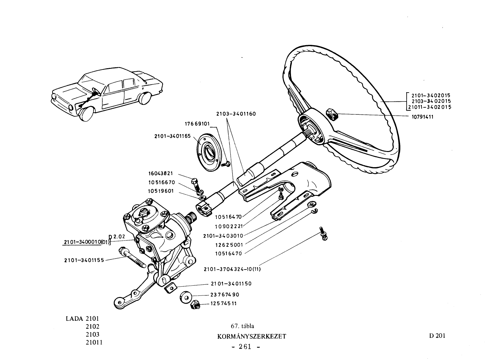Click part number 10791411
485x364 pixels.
(x=422, y=117)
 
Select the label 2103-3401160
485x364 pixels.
(x=236, y=114)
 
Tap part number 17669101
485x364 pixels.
(x=197, y=124)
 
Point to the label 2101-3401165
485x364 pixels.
(x=172, y=136)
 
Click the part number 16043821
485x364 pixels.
(x=161, y=173)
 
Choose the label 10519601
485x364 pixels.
(x=161, y=191)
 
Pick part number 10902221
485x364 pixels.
(x=229, y=227)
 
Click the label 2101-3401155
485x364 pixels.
(x=84, y=260)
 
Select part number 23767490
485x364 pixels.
(x=225, y=295)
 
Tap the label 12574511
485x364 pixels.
(x=223, y=303)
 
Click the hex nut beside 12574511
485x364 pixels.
(x=195, y=305)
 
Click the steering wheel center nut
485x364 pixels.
(x=332, y=114)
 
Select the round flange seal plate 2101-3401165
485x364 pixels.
(x=209, y=152)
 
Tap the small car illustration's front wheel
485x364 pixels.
(x=87, y=113)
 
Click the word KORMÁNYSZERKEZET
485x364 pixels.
(x=252, y=337)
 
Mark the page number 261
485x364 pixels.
(x=245, y=347)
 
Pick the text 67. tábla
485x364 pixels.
(x=242, y=326)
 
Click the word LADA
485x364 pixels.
(x=75, y=318)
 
